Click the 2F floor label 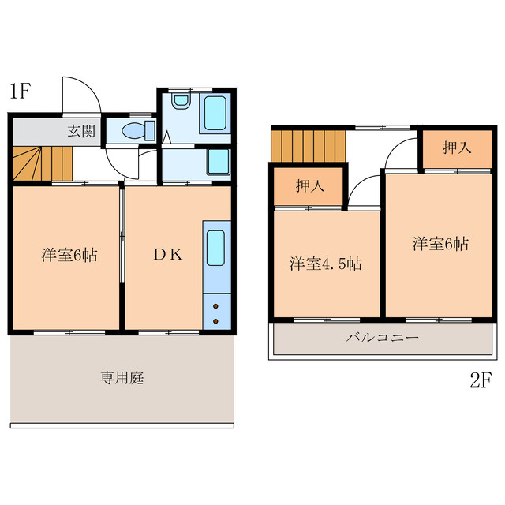pos(481,381)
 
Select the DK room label pos(167,254)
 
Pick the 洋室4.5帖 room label pos(325,264)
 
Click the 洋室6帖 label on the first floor pos(69,256)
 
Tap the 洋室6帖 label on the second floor pos(440,244)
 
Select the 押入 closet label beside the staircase pos(309,186)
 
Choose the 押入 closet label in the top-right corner pos(455,148)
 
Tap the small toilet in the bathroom pos(181,101)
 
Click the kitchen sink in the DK pos(215,248)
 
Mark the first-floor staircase pos(41,163)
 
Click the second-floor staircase pos(308,144)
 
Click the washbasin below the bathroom pos(218,163)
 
